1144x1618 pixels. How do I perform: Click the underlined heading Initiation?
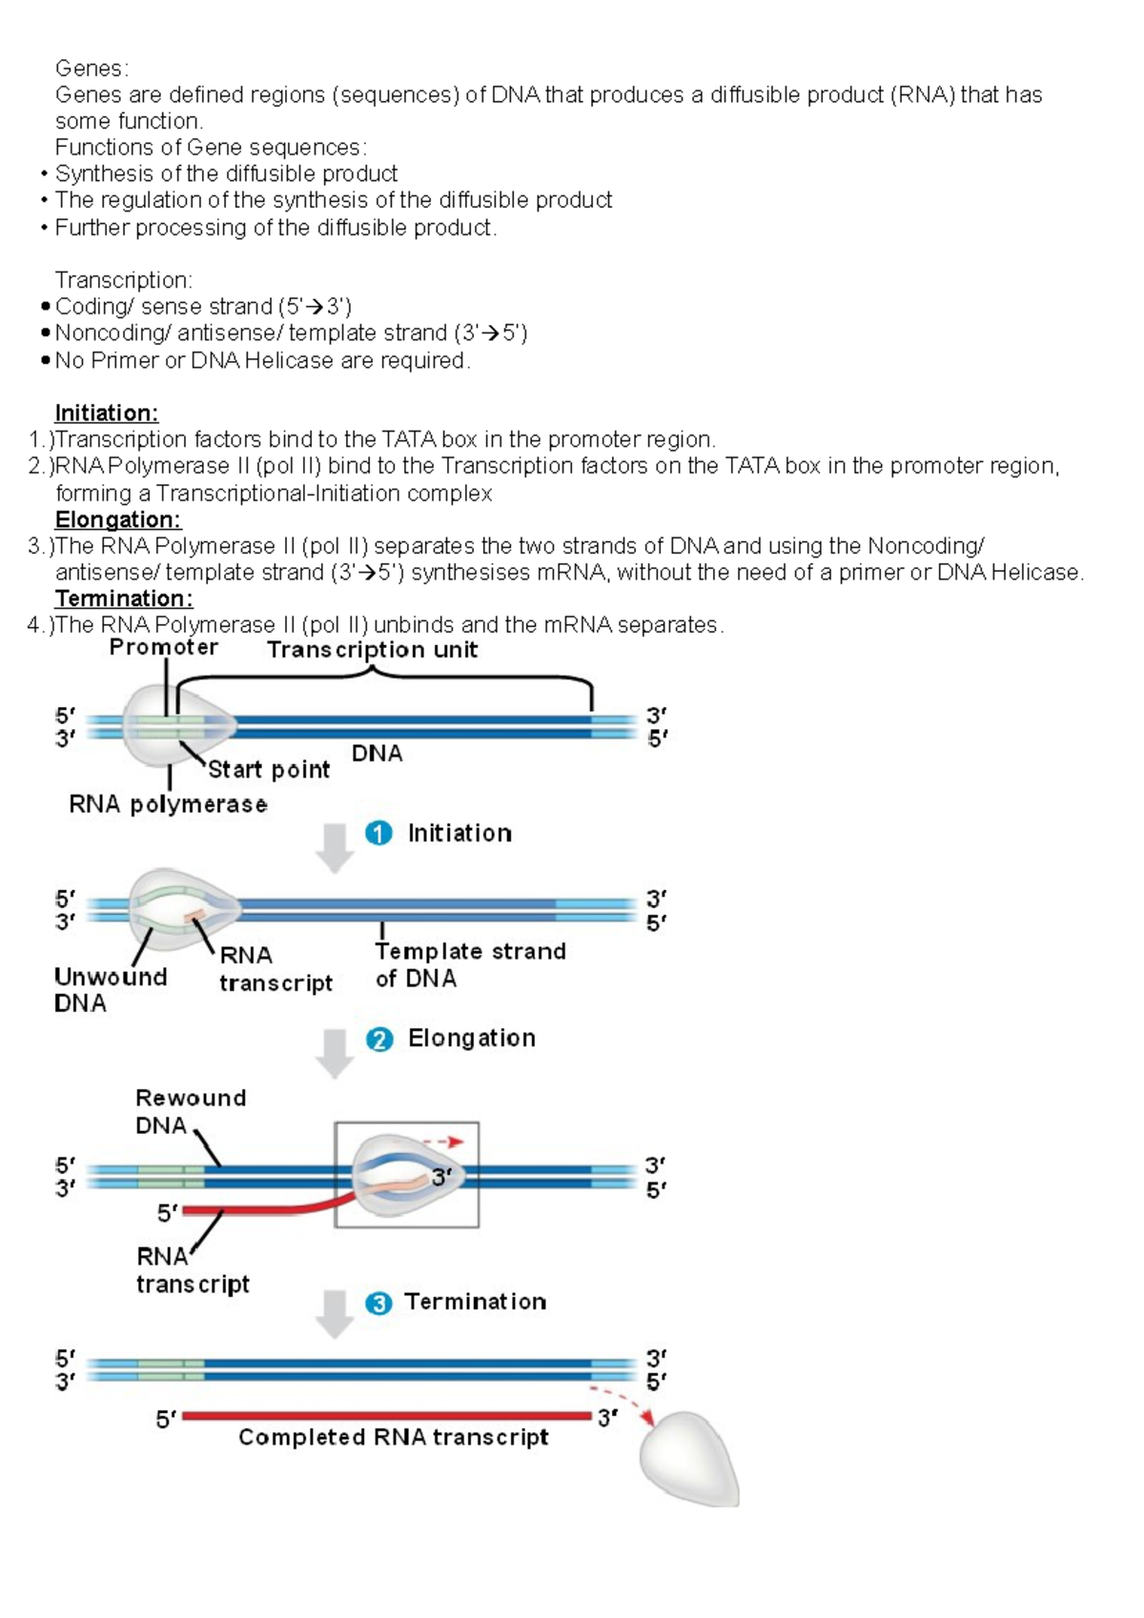[x=106, y=414]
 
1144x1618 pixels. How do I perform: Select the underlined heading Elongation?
[x=117, y=520]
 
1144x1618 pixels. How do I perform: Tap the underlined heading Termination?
[x=123, y=599]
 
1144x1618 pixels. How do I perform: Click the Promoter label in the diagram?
[x=163, y=648]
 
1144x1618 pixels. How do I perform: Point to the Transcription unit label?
[x=372, y=650]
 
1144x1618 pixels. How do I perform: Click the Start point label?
[x=268, y=770]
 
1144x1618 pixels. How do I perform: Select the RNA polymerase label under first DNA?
[x=168, y=805]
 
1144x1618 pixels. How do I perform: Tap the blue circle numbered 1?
[x=378, y=834]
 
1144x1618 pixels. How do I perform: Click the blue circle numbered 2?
[x=378, y=1040]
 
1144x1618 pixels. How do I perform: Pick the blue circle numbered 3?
[x=378, y=1304]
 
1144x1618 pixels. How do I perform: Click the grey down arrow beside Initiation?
[x=335, y=848]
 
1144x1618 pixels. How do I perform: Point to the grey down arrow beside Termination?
[x=335, y=1314]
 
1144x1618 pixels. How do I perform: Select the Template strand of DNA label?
[x=469, y=964]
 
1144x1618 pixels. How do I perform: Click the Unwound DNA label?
[x=109, y=990]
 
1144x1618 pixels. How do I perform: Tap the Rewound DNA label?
[x=190, y=1112]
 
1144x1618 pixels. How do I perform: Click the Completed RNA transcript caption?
[x=393, y=1438]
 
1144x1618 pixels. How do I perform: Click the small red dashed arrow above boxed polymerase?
[x=443, y=1142]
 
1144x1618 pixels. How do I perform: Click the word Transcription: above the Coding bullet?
[x=123, y=280]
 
